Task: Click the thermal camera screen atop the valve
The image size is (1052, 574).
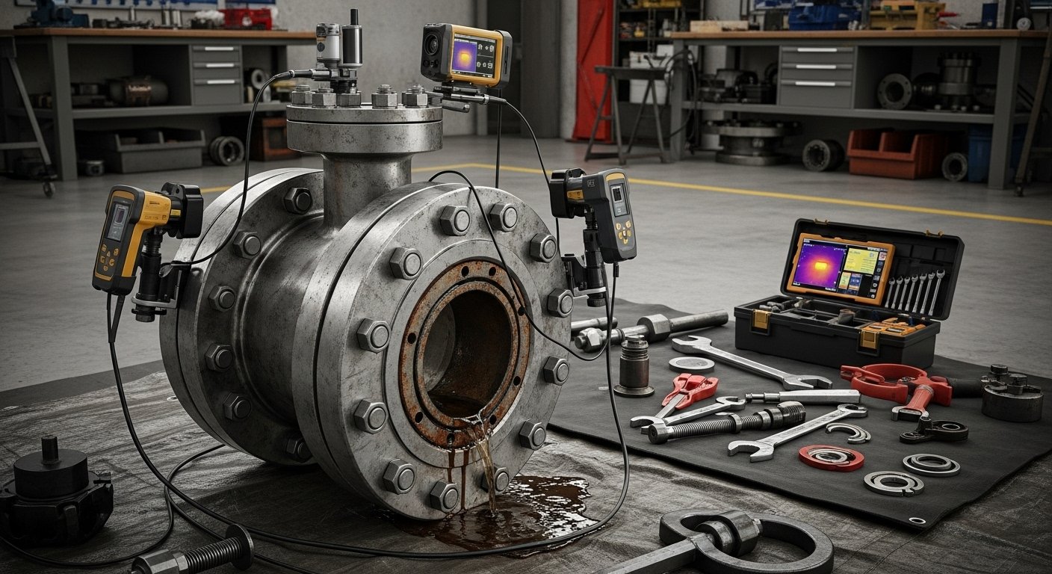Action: coord(474,57)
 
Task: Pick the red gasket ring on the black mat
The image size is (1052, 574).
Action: coord(831,457)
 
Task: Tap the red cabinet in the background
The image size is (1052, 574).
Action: coord(592,71)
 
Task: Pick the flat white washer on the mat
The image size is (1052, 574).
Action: coord(691,364)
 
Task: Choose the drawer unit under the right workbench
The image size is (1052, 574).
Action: coord(817,75)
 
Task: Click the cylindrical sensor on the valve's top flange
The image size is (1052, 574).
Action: coord(329,45)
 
